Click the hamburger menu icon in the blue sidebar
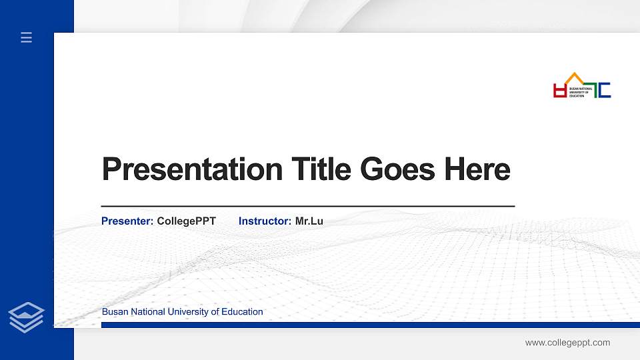(27, 38)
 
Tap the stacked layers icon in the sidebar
(27, 317)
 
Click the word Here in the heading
(477, 169)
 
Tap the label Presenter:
(127, 221)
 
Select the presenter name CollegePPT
(186, 221)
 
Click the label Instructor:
(265, 221)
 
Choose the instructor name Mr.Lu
(309, 221)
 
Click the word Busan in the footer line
(114, 312)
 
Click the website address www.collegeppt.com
(567, 343)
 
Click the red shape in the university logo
(559, 91)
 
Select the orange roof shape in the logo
(573, 77)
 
